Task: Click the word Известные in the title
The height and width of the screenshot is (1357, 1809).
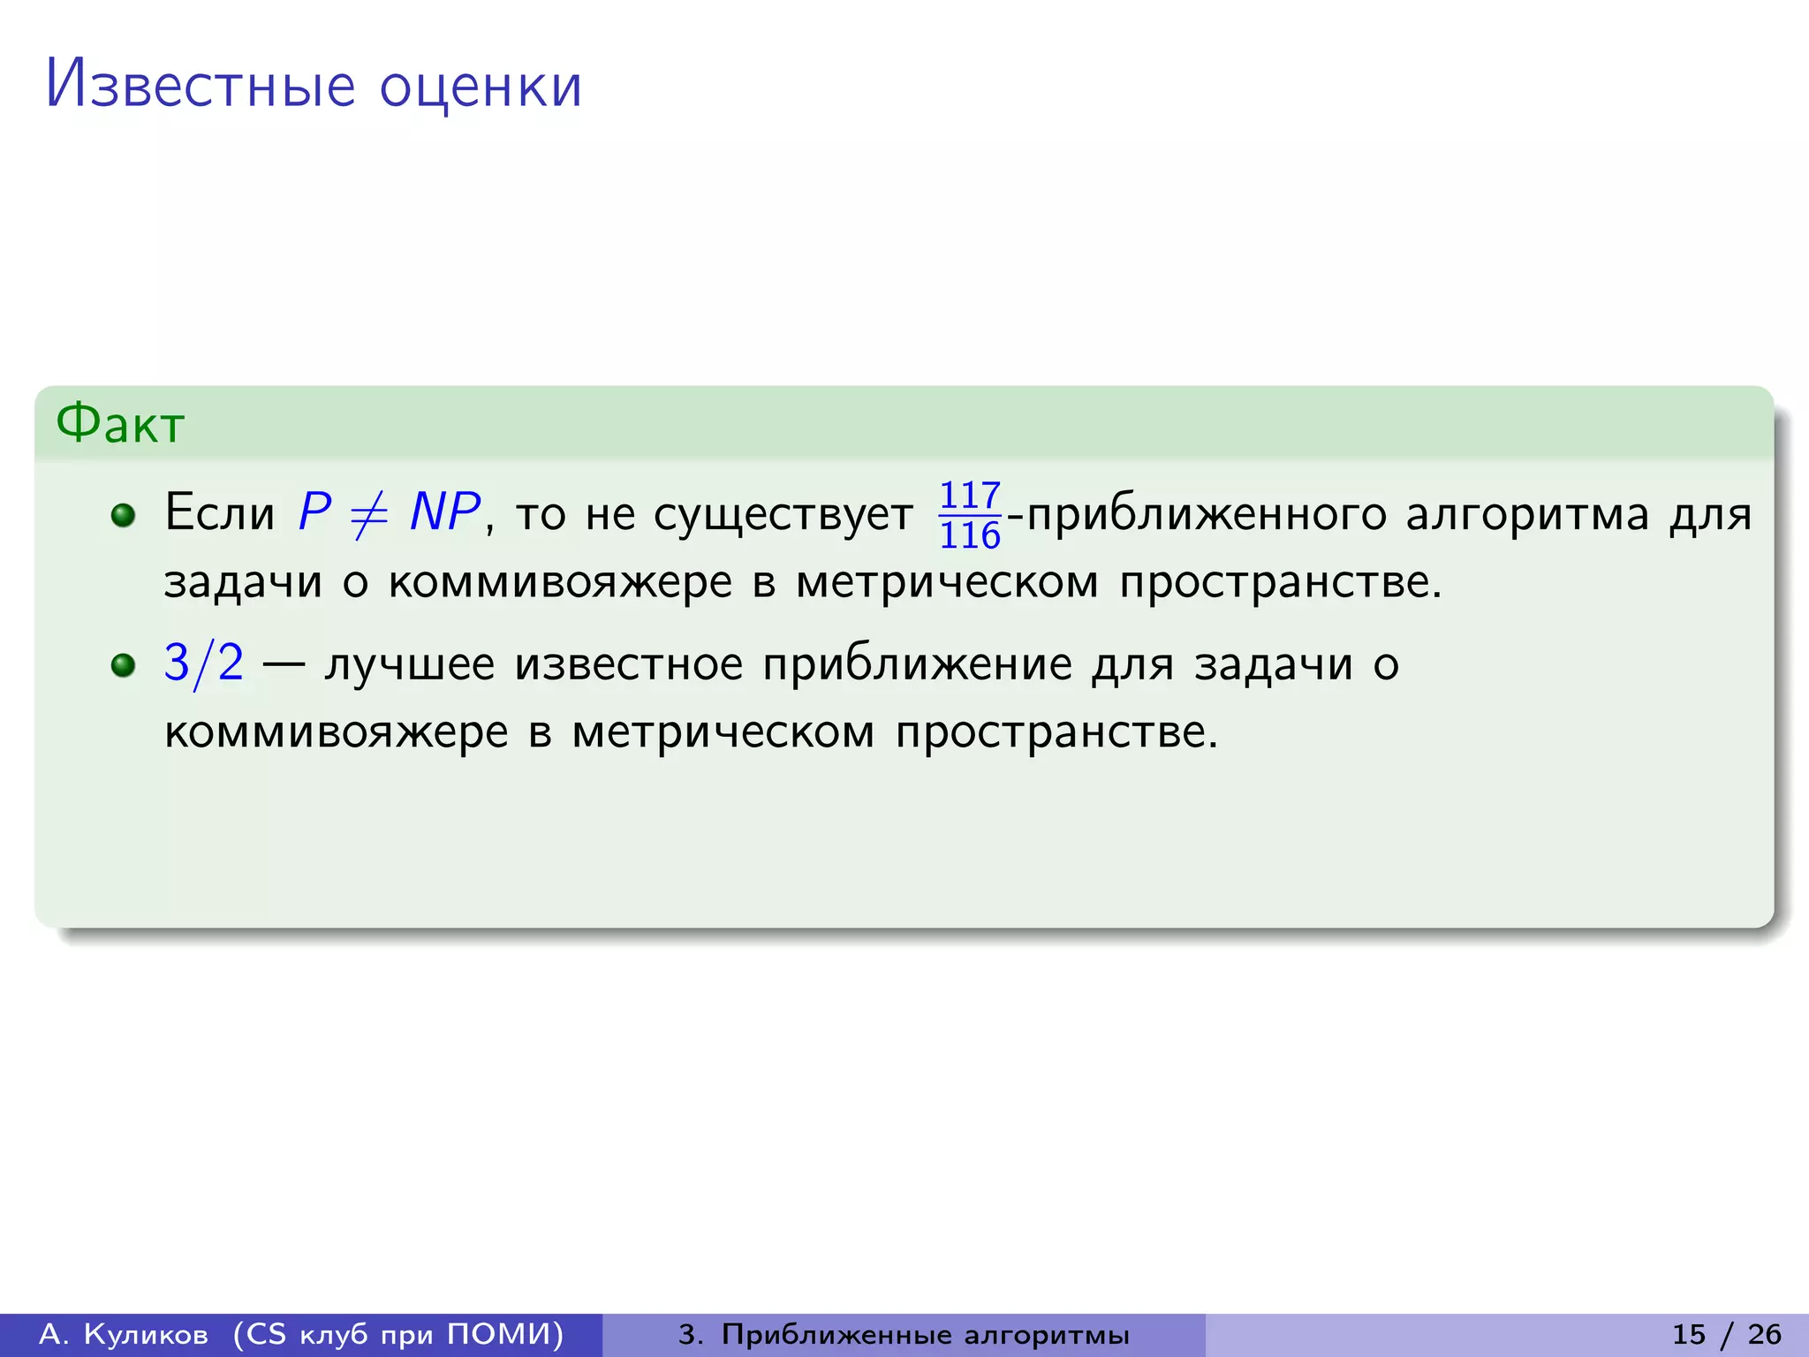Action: pos(201,85)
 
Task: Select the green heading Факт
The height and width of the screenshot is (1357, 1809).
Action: pos(120,424)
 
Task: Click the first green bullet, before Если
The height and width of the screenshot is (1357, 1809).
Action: pos(124,514)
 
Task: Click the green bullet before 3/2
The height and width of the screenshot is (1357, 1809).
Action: pos(124,664)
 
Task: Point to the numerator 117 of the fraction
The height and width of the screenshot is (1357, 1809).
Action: pos(970,496)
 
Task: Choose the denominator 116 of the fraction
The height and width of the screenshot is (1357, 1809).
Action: pos(970,535)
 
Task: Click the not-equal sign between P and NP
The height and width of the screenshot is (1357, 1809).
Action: pos(369,514)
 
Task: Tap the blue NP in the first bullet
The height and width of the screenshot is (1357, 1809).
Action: pos(445,512)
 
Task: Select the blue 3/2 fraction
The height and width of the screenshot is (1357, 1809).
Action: pos(204,663)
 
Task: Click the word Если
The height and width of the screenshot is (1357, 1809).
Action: pos(220,512)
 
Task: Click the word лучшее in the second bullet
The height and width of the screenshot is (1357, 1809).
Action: pos(410,664)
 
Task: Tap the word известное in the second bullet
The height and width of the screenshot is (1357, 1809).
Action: pos(629,664)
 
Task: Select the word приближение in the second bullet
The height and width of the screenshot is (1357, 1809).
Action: pos(918,664)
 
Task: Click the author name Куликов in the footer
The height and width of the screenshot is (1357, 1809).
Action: pos(146,1334)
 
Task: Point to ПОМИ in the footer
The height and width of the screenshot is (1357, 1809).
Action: pos(504,1334)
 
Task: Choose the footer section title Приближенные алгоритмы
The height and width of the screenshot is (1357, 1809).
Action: pos(925,1335)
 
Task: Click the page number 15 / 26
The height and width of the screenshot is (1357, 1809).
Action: pos(1727,1334)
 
